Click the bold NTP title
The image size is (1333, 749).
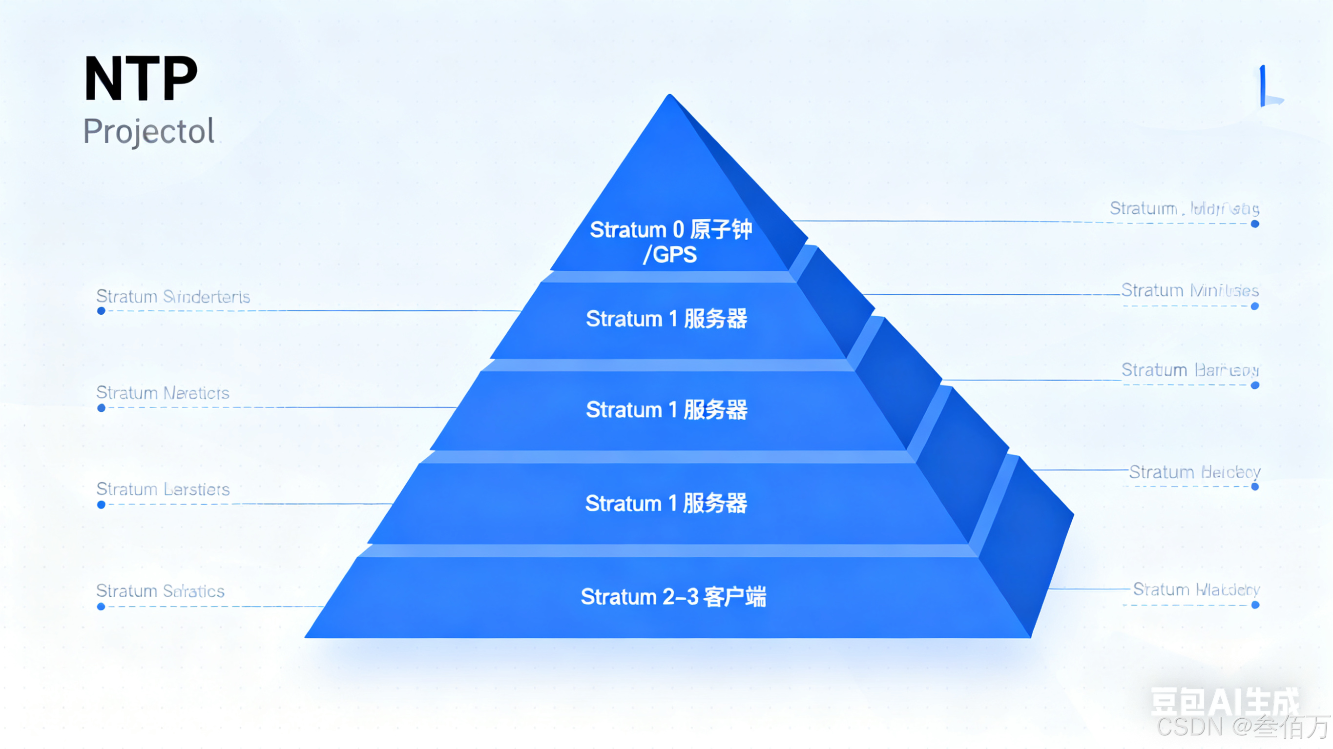(x=141, y=79)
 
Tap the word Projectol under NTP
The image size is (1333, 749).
(x=148, y=131)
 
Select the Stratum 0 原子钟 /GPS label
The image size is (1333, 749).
(x=670, y=242)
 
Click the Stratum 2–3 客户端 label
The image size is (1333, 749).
(x=673, y=597)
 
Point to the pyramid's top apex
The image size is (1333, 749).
(x=670, y=97)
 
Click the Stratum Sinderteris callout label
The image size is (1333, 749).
(x=173, y=297)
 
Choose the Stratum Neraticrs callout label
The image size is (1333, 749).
(x=163, y=393)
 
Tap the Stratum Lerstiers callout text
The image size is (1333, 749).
(x=163, y=489)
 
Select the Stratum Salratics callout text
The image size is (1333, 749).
(x=161, y=591)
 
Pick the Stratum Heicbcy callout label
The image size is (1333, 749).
(x=1194, y=472)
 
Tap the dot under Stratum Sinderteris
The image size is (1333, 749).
(x=102, y=311)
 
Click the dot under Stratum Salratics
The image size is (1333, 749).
(x=102, y=606)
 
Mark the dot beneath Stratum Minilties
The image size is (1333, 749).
(x=1255, y=306)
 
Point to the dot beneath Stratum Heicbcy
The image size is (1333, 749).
(x=1255, y=487)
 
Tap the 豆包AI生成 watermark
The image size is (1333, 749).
(x=1224, y=702)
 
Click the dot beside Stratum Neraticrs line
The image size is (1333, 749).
(x=102, y=408)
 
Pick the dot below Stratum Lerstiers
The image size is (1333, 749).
(x=102, y=505)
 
